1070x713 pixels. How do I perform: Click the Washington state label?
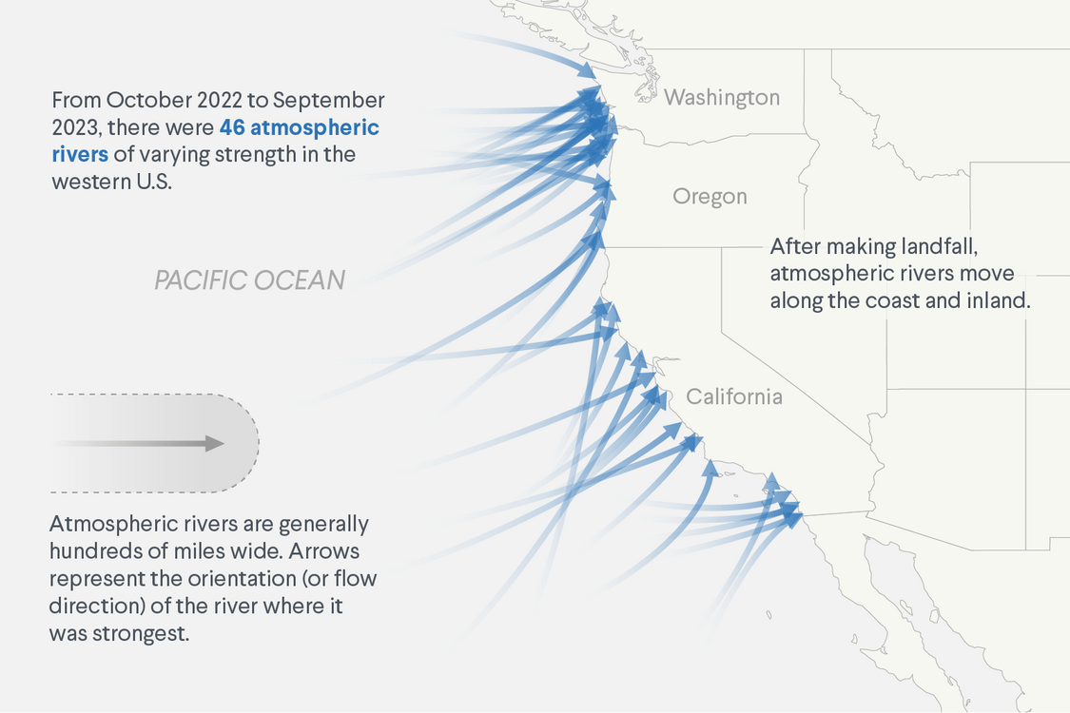(x=722, y=97)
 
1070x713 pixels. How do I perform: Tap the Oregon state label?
(x=710, y=197)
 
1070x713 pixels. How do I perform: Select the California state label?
(x=734, y=396)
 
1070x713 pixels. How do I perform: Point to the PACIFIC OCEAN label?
(x=249, y=280)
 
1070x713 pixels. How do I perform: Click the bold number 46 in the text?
(x=233, y=127)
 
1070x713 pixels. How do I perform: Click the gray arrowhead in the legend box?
(x=215, y=443)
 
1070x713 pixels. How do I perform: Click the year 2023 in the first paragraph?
(x=78, y=127)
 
